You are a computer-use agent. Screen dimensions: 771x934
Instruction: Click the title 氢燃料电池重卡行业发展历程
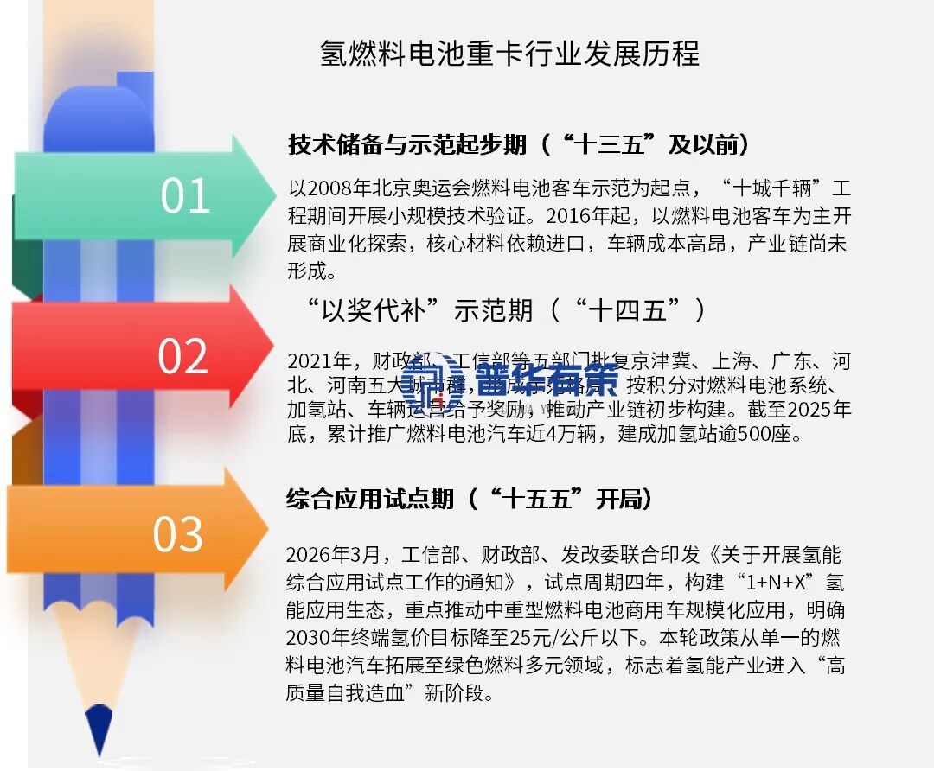tap(509, 54)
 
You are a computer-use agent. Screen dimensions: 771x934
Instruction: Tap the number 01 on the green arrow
tap(185, 196)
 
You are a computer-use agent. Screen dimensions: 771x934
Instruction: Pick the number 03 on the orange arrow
tap(178, 534)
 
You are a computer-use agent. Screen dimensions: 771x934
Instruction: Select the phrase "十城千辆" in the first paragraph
tap(768, 188)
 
